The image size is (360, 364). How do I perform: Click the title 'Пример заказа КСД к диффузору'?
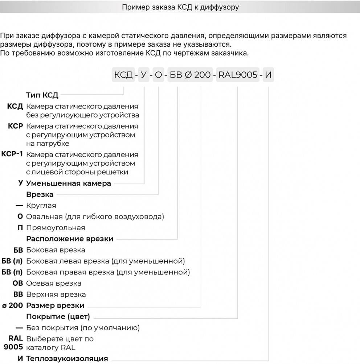tap(180, 7)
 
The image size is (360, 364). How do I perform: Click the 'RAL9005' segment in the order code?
tap(238, 75)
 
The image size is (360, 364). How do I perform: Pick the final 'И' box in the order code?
tap(269, 75)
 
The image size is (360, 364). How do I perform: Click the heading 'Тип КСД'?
tap(42, 95)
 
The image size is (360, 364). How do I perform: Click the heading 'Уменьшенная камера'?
tap(69, 183)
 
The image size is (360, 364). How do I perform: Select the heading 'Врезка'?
tap(40, 195)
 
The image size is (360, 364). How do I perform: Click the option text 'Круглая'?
tap(41, 206)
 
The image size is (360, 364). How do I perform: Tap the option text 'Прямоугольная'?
tap(56, 228)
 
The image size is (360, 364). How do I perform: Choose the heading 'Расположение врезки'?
tap(70, 239)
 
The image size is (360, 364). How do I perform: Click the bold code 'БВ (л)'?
tap(12, 261)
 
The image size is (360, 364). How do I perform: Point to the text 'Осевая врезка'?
tap(54, 283)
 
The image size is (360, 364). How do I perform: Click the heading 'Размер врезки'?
tap(55, 305)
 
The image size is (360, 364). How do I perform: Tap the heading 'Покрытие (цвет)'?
tap(58, 317)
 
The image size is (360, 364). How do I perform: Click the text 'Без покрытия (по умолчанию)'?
tap(83, 328)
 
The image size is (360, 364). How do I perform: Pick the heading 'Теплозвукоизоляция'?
tap(67, 359)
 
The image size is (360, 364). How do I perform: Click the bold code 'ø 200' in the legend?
tap(13, 305)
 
